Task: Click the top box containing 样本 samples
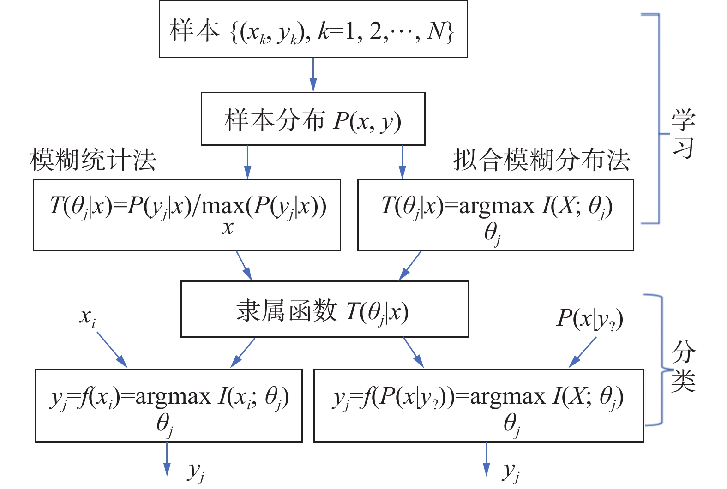(x=313, y=30)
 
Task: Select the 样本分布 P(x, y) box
(x=313, y=119)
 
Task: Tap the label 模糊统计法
(x=93, y=160)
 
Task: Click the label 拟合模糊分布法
(x=541, y=160)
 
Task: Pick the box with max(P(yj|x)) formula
(x=187, y=215)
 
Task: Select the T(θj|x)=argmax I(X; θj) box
(x=495, y=215)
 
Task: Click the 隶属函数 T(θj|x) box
(x=324, y=309)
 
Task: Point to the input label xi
(x=88, y=317)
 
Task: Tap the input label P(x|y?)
(x=589, y=318)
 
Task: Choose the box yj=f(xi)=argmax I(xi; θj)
(x=169, y=406)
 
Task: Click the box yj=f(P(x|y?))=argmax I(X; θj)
(x=478, y=406)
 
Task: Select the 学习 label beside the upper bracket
(x=683, y=134)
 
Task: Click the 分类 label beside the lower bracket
(x=683, y=367)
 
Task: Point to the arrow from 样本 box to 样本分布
(x=313, y=75)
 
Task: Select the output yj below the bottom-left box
(x=196, y=471)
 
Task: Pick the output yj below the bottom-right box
(x=511, y=471)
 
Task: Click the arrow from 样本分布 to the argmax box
(x=402, y=162)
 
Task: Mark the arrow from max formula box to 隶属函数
(x=244, y=266)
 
